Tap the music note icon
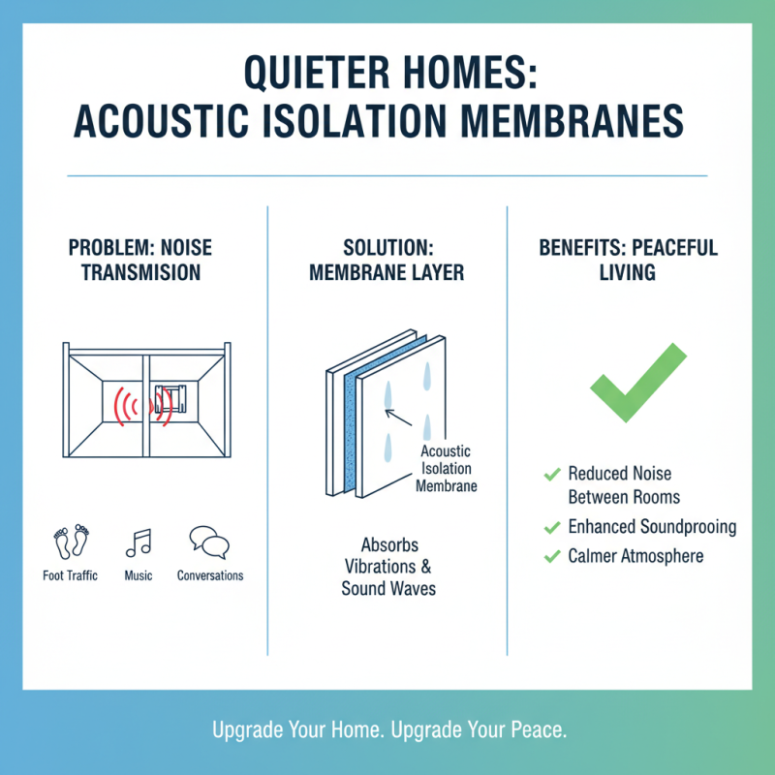click(x=139, y=542)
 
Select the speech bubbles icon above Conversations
click(x=209, y=541)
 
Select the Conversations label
click(x=210, y=575)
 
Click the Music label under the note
click(x=139, y=575)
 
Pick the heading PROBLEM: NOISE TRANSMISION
click(x=140, y=261)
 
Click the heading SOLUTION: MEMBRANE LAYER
click(x=387, y=261)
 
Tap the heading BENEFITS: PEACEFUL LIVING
click(x=629, y=261)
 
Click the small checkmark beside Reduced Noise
click(x=552, y=474)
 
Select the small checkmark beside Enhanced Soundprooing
click(x=552, y=528)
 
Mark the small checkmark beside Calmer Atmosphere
click(x=552, y=556)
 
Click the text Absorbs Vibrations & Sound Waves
click(x=387, y=566)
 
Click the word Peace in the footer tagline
click(x=541, y=729)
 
